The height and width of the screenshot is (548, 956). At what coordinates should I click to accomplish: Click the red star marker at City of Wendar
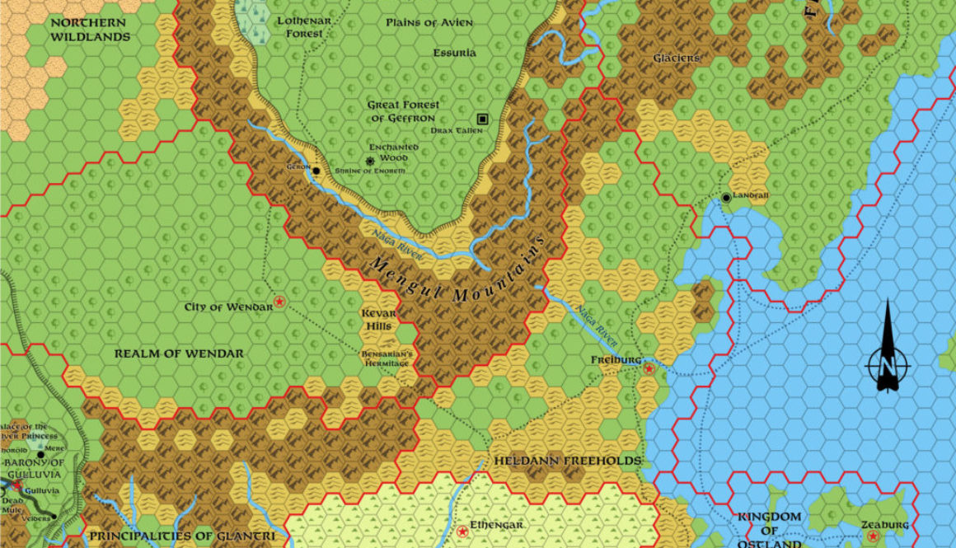tap(279, 302)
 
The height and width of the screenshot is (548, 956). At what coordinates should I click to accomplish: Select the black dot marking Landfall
tap(726, 198)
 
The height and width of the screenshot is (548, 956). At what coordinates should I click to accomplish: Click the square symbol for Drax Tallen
tap(482, 119)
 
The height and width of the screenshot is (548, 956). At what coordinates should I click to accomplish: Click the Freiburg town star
tap(649, 369)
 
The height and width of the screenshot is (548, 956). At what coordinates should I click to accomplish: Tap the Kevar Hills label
tap(379, 320)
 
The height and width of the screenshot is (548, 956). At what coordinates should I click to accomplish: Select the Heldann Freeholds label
tap(567, 461)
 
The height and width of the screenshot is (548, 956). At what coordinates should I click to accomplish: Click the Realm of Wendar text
tap(179, 354)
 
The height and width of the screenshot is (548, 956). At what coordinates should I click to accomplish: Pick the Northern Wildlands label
tap(90, 30)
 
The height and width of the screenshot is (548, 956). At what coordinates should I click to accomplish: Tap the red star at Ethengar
tap(462, 531)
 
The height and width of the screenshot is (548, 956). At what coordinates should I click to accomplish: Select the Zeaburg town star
tap(873, 536)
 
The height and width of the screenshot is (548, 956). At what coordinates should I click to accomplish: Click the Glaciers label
tap(677, 59)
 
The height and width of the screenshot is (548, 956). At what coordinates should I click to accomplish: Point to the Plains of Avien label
tap(429, 22)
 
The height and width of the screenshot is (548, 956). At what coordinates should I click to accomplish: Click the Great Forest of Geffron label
tap(404, 111)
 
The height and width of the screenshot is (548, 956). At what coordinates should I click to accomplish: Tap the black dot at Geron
tap(316, 171)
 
